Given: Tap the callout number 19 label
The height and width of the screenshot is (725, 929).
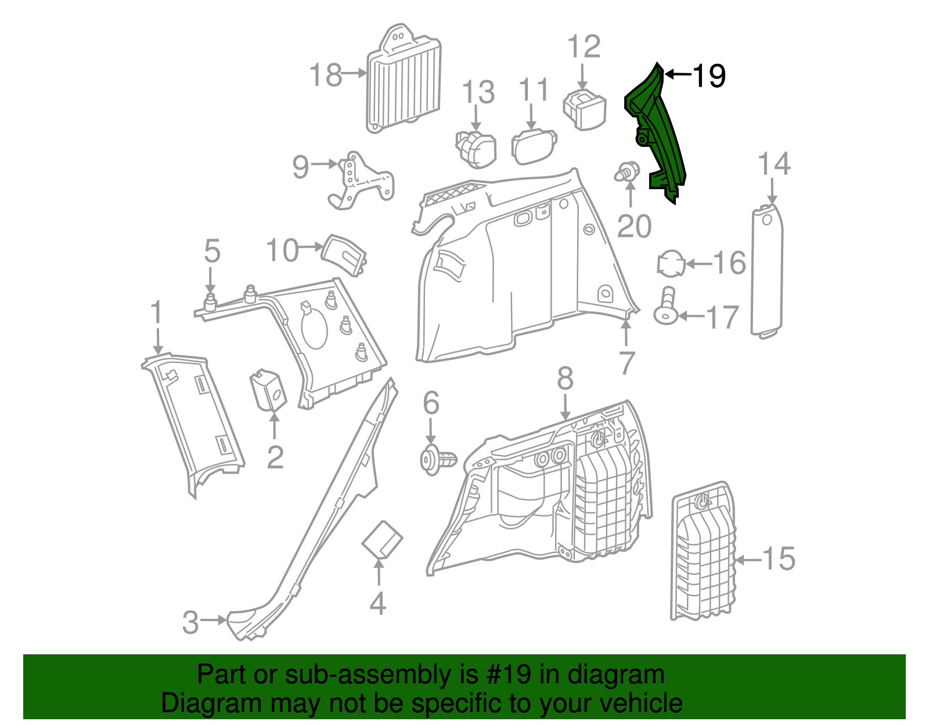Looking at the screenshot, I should click(x=709, y=76).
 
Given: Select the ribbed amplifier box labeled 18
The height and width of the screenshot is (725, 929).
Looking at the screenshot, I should click(x=403, y=81).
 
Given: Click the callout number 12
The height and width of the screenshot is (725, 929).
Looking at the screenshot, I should click(x=584, y=47).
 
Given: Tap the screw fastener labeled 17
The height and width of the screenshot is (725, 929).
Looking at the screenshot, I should click(x=666, y=308).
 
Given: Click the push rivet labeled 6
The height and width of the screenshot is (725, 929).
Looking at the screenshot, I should click(x=437, y=460).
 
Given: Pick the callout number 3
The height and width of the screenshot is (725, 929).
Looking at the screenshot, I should click(x=190, y=622).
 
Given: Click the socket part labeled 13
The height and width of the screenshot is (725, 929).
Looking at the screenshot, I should click(x=476, y=149).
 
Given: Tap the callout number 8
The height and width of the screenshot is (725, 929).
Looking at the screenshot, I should click(x=565, y=379).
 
